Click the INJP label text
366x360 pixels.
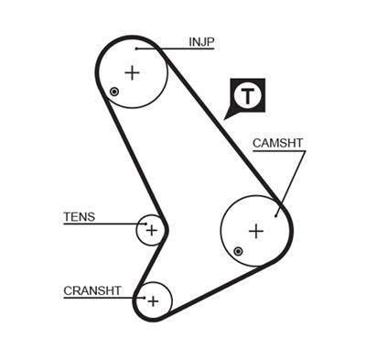pos(202,41)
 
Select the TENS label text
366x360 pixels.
pos(79,217)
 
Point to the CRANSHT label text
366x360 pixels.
pos(91,291)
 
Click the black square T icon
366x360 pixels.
pos(246,95)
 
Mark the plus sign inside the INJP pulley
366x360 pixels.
pos(133,72)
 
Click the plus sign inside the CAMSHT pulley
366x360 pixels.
pos(256,230)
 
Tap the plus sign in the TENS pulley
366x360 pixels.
pos(152,230)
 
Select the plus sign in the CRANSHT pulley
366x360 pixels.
pos(154,300)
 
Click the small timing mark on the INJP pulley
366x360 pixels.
pos(113,92)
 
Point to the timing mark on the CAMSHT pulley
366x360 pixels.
pos(238,250)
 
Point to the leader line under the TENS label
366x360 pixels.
pos(101,224)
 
